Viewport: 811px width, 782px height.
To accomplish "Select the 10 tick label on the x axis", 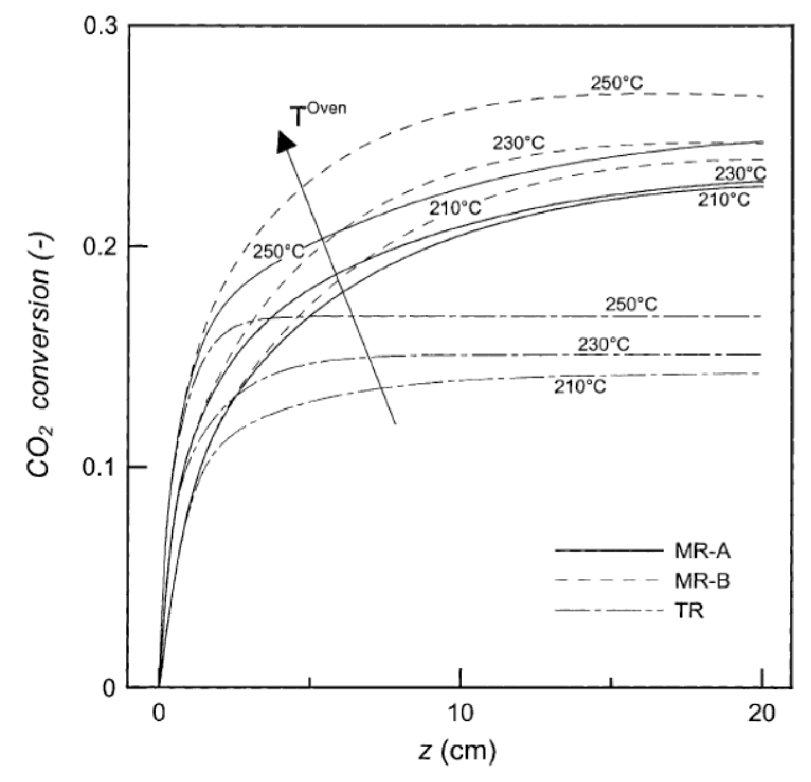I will pyautogui.click(x=461, y=713).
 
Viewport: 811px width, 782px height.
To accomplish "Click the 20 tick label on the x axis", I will pyautogui.click(x=761, y=713).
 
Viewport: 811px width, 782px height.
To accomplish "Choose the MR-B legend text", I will pyautogui.click(x=702, y=581).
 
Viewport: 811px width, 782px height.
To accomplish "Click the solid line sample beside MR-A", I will pyautogui.click(x=609, y=551).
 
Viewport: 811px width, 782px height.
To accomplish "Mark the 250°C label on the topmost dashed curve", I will pyautogui.click(x=617, y=83).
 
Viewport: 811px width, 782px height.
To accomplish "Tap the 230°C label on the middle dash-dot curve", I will pyautogui.click(x=603, y=345).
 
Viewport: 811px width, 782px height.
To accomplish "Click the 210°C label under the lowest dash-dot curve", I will pyautogui.click(x=580, y=387).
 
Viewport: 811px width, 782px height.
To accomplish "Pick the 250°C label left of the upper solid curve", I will pyautogui.click(x=278, y=252).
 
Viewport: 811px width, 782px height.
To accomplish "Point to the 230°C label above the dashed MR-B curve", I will pyautogui.click(x=519, y=143).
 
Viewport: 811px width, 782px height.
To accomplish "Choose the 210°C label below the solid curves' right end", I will pyautogui.click(x=724, y=200).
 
